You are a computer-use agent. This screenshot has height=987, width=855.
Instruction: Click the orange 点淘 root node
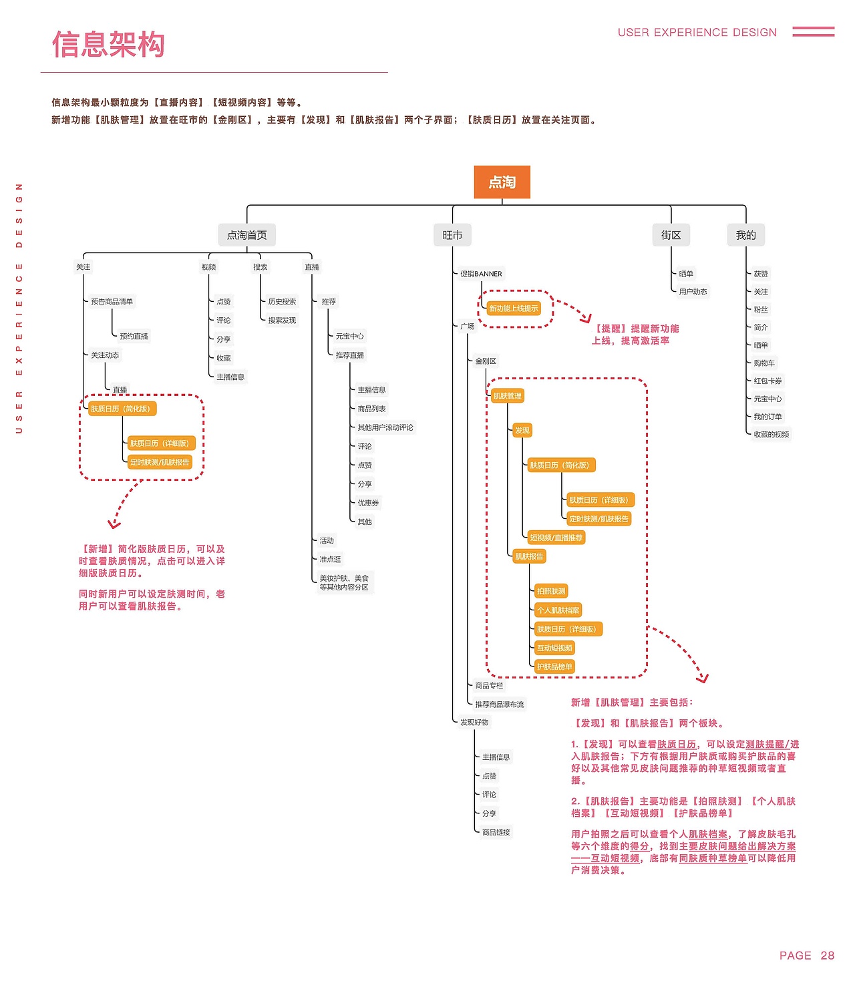click(x=502, y=182)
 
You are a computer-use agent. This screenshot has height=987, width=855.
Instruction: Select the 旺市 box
click(x=452, y=235)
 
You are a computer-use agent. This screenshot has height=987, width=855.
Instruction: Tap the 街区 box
click(x=671, y=235)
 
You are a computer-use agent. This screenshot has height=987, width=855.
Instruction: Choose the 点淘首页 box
click(x=246, y=235)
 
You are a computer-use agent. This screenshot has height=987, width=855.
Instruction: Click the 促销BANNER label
click(x=481, y=274)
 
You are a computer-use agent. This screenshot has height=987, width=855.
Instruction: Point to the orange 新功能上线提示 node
click(x=513, y=309)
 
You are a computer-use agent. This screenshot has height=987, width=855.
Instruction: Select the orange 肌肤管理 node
click(x=507, y=396)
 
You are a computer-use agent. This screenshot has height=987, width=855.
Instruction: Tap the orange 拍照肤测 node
click(x=551, y=591)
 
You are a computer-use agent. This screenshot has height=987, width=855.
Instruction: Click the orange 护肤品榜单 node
click(x=554, y=666)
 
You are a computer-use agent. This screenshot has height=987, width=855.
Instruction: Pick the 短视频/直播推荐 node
click(x=556, y=538)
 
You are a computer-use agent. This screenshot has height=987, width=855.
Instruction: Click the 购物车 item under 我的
click(x=764, y=363)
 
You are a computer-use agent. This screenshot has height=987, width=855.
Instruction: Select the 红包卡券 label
click(x=767, y=381)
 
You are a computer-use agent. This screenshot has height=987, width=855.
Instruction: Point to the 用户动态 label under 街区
click(x=693, y=292)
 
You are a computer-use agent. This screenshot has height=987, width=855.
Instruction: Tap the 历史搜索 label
click(x=282, y=302)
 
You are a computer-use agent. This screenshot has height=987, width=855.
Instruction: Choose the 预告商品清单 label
click(x=112, y=302)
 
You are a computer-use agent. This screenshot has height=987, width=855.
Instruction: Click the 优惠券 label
click(x=368, y=503)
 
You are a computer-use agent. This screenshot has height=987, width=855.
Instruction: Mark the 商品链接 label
click(x=496, y=833)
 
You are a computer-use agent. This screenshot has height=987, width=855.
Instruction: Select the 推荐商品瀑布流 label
click(x=499, y=705)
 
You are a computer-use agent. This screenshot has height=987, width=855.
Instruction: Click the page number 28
click(x=827, y=956)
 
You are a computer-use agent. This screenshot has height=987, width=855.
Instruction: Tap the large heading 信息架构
click(x=108, y=45)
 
